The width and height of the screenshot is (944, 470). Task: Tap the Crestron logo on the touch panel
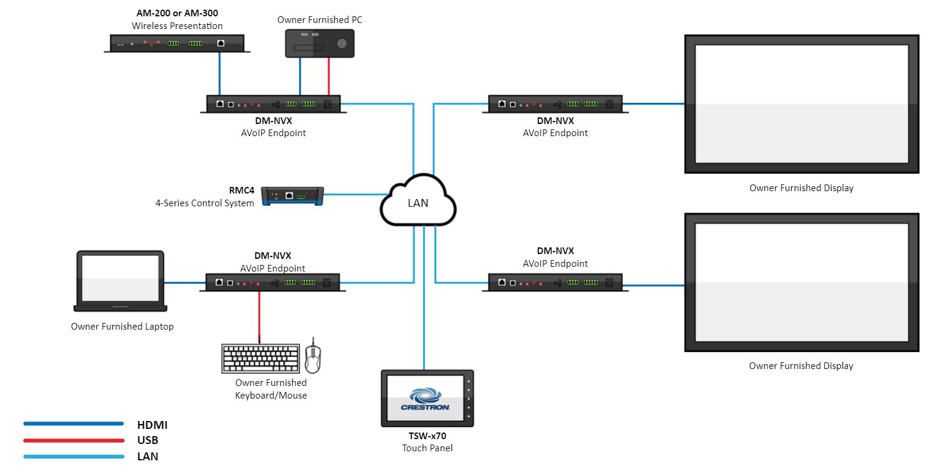(425, 400)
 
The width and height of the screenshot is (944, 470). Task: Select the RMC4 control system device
(293, 196)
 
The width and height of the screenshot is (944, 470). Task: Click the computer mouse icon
(312, 358)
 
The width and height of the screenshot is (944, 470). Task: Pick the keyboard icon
(260, 359)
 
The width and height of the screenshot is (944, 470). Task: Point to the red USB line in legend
(73, 440)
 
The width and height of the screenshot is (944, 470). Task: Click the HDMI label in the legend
(152, 425)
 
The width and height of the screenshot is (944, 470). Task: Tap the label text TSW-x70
(427, 436)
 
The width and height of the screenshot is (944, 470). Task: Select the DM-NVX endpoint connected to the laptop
(273, 282)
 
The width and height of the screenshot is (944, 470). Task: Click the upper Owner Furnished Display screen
(801, 104)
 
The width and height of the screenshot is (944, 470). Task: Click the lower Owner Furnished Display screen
(801, 282)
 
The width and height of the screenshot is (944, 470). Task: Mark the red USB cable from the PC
(329, 76)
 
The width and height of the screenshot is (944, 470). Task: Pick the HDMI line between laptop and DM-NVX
(182, 282)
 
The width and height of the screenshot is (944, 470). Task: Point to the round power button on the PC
(342, 44)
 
